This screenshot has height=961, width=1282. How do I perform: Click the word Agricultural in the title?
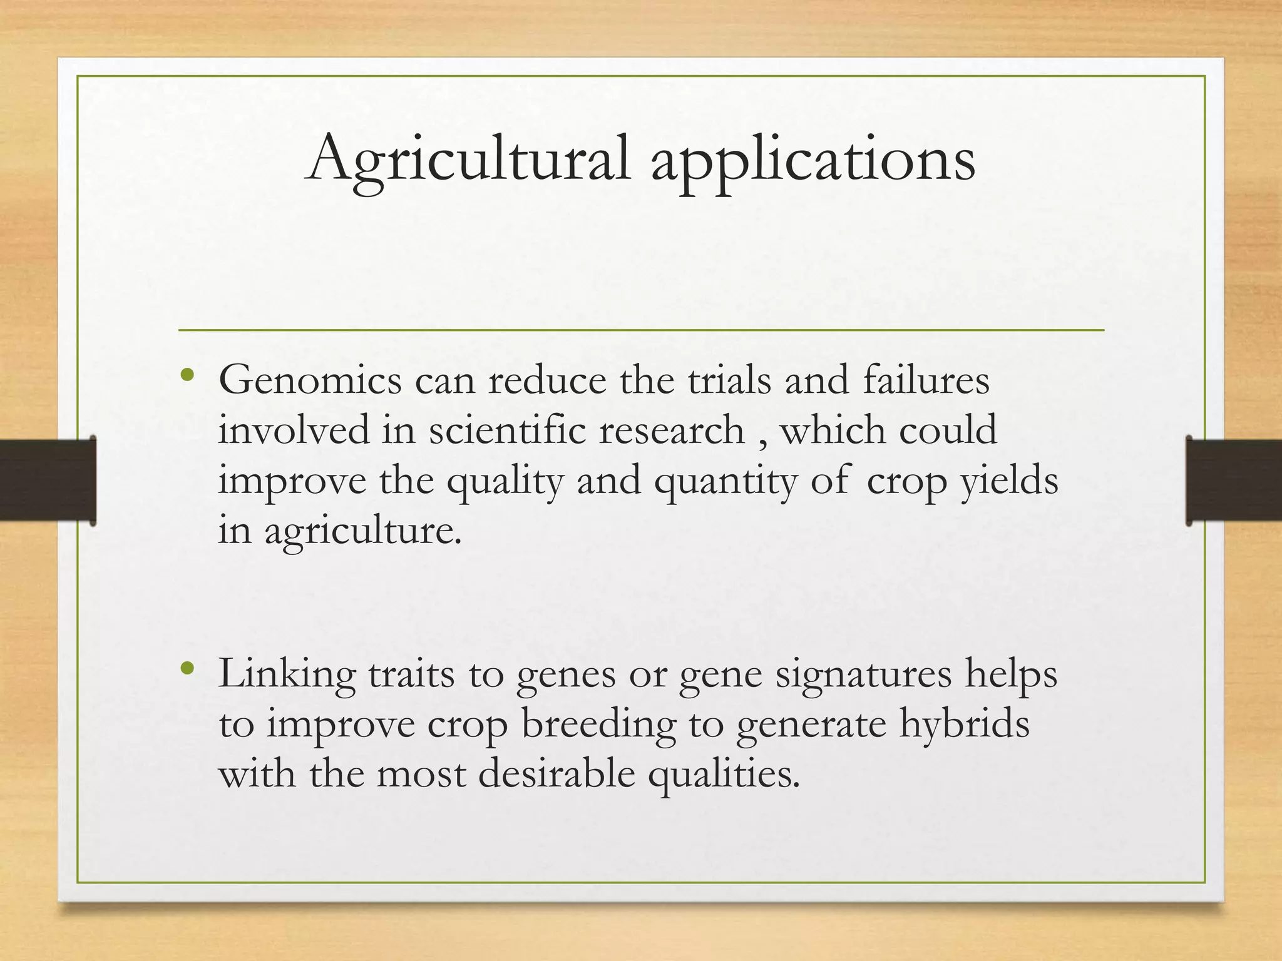pyautogui.click(x=468, y=159)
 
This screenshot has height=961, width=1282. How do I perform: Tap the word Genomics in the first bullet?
pyautogui.click(x=310, y=380)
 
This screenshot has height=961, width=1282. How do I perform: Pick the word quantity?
pyautogui.click(x=725, y=482)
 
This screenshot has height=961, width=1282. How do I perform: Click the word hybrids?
pyautogui.click(x=964, y=724)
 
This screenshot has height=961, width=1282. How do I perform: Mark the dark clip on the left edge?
pyautogui.click(x=48, y=480)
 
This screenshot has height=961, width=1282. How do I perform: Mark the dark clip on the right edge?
pyautogui.click(x=1233, y=480)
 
